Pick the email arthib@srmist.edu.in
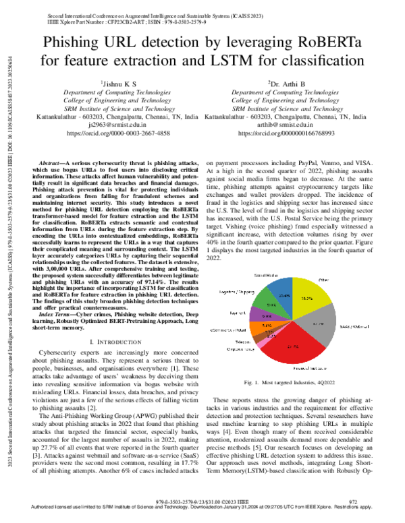pos(283,125)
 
